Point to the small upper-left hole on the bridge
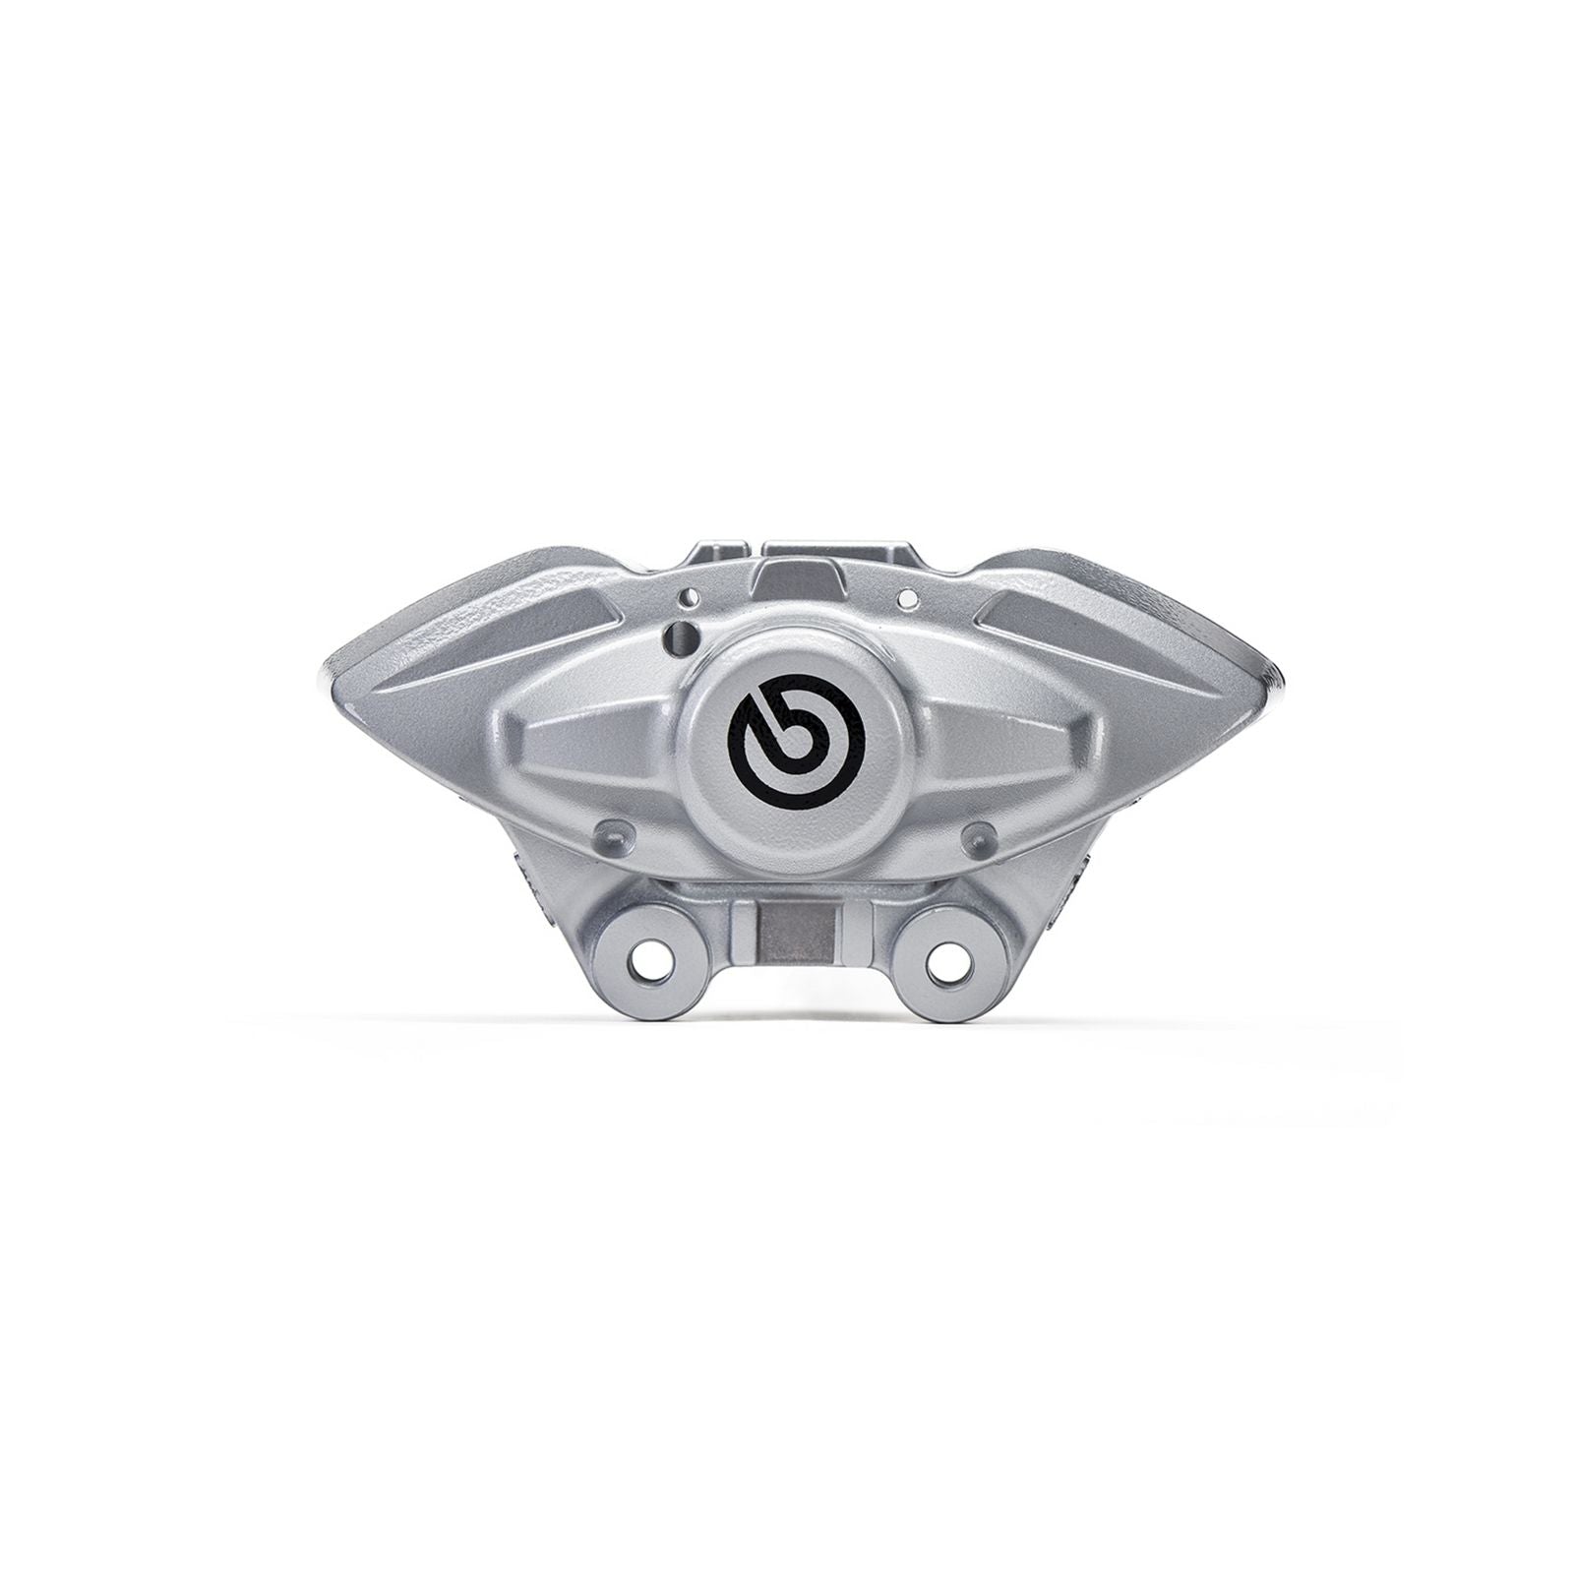(x=696, y=596)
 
